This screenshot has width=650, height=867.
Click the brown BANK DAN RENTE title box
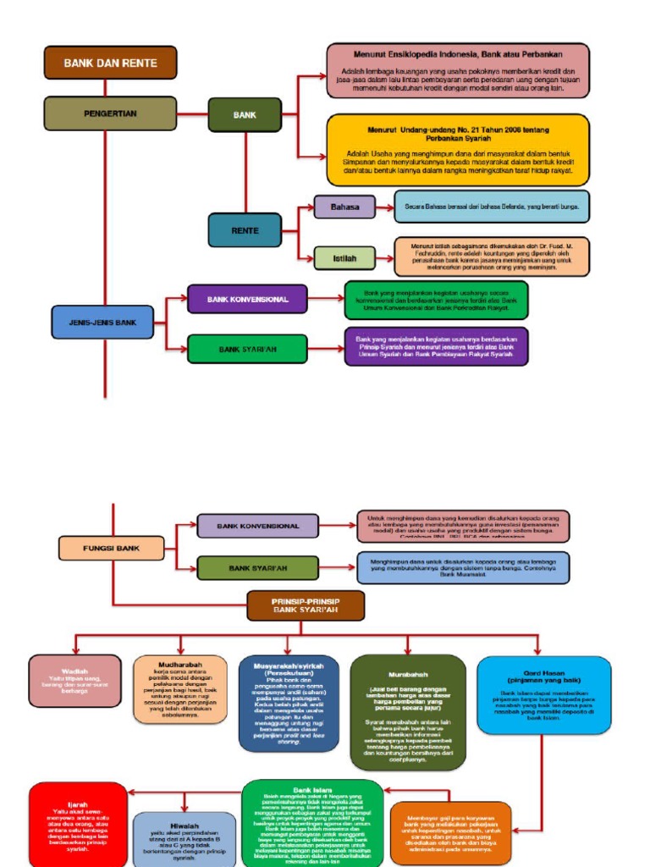[x=110, y=63]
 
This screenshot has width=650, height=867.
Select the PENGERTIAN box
[x=110, y=113]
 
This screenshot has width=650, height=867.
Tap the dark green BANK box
[x=245, y=114]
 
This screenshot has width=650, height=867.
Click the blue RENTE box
[x=245, y=229]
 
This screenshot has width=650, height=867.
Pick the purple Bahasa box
[x=344, y=207]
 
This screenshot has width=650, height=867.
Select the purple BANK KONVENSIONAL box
[x=247, y=300]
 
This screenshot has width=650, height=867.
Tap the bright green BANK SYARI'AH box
[x=247, y=349]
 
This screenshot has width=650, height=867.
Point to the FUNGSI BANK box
[x=111, y=549]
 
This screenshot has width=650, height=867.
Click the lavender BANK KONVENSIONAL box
[x=258, y=526]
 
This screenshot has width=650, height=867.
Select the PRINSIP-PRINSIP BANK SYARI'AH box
[x=306, y=605]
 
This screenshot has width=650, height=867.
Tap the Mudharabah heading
[x=180, y=665]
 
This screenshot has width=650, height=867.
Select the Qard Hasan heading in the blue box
[x=543, y=675]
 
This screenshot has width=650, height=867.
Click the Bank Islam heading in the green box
[x=311, y=790]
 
